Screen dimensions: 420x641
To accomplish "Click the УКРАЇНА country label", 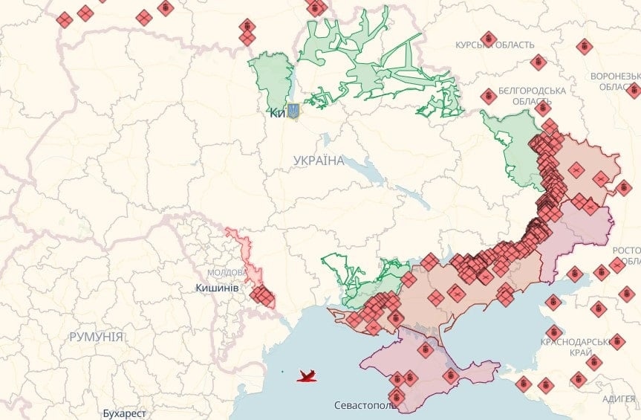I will click(319, 161).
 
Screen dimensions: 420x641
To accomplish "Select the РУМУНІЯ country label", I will click(96, 337).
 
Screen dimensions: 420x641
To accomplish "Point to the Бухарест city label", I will click(125, 413).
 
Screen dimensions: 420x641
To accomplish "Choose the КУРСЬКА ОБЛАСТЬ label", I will click(495, 45).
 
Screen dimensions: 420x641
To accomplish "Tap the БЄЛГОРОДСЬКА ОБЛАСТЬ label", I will click(532, 95).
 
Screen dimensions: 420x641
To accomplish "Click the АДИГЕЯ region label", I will click(618, 399).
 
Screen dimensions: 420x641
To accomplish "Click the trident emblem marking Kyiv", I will click(293, 112).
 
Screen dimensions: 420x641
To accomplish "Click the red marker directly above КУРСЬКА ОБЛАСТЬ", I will click(488, 38).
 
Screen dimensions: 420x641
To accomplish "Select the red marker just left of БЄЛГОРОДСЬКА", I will click(488, 96).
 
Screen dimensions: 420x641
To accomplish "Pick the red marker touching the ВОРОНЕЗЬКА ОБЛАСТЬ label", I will click(633, 90).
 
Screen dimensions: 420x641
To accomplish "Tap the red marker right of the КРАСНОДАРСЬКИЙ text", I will click(617, 340).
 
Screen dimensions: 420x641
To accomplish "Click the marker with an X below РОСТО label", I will click(617, 265).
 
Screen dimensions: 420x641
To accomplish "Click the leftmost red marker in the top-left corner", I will click(65, 19).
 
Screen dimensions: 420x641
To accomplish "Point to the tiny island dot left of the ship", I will click(282, 371).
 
